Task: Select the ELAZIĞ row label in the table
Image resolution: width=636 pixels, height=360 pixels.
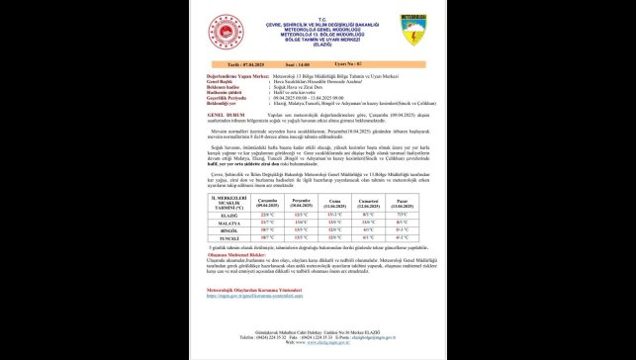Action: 221,214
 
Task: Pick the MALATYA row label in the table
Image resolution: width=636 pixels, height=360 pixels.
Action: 221,223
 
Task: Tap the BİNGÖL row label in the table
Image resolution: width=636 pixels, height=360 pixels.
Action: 221,230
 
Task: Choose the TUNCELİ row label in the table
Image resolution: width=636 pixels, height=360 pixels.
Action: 221,238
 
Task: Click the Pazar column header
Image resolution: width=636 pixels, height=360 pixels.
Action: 402,201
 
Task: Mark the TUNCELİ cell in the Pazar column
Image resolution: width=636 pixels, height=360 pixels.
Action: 402,238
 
